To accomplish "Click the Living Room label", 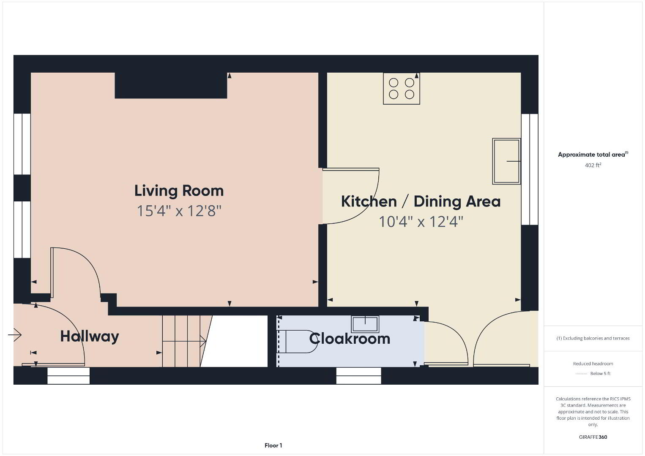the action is [179, 191].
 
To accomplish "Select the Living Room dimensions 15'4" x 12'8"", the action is [179, 211].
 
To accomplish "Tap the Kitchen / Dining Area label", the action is [421, 201].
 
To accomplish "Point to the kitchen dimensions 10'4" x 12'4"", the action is [421, 222].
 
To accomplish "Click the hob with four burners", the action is [402, 89].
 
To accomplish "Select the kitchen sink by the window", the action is [506, 161].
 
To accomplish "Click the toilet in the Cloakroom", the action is [297, 342].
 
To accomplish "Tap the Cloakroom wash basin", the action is [365, 324].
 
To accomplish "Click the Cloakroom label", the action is [350, 339].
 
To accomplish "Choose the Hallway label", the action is [90, 337].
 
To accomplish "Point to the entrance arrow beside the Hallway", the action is [15, 335].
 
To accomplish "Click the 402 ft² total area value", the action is [593, 165].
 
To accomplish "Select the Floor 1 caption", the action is [273, 445].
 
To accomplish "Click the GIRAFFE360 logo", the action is [593, 437].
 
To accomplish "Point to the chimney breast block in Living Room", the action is [171, 85].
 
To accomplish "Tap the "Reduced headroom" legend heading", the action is [593, 364].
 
